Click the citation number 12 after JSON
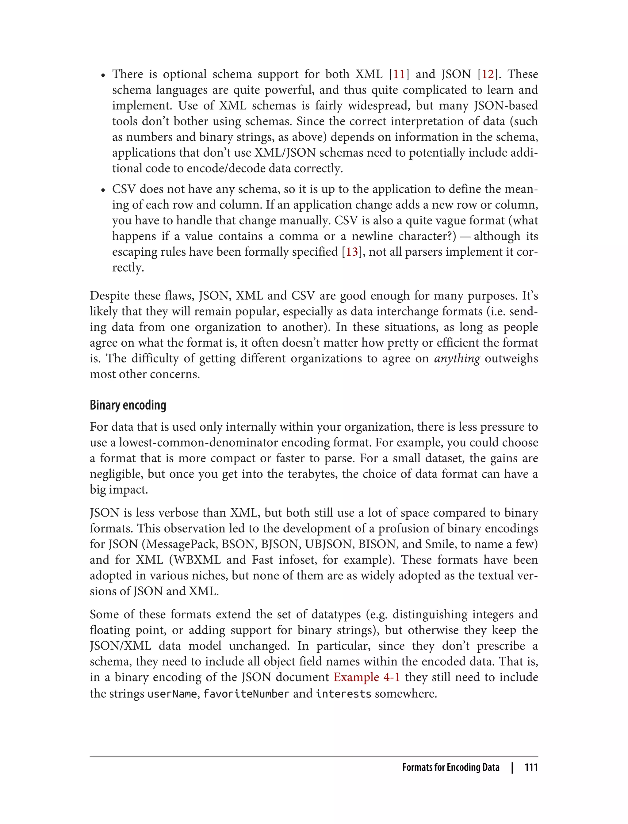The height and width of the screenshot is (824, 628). (x=488, y=74)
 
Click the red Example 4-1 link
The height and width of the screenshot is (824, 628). (x=367, y=677)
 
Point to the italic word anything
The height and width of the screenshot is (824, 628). (x=457, y=358)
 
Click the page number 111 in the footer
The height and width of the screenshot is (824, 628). (x=531, y=767)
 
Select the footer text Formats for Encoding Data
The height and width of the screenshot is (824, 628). (x=450, y=767)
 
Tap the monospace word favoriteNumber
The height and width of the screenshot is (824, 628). (x=246, y=694)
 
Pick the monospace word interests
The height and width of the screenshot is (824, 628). (x=343, y=694)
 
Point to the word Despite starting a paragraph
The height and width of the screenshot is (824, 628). (x=109, y=296)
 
